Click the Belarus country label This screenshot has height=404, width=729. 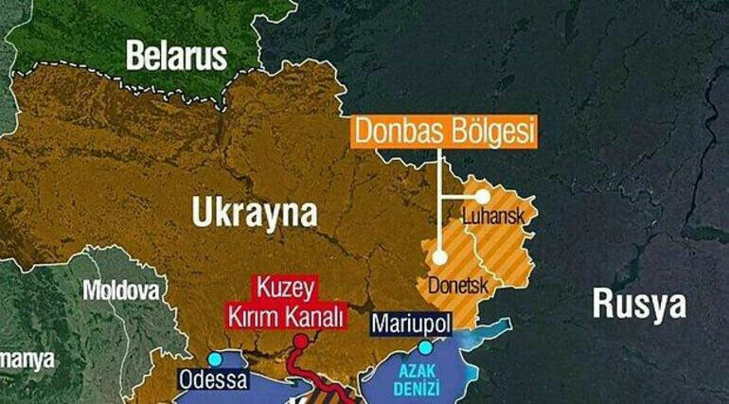(x=177, y=56)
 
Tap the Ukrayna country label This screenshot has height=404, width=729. (x=255, y=213)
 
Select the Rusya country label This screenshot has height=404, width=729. (x=638, y=304)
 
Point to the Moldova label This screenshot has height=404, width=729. (x=120, y=290)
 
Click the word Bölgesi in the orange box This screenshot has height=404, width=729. (x=490, y=131)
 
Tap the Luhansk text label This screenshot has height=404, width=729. (x=492, y=217)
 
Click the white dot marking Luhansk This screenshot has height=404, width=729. (x=482, y=196)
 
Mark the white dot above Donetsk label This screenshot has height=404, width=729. (x=439, y=256)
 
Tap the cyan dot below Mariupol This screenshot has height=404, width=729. (x=411, y=347)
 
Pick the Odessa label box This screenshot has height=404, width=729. (x=213, y=380)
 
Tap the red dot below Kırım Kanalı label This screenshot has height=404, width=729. (x=300, y=340)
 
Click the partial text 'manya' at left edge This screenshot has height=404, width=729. (x=27, y=360)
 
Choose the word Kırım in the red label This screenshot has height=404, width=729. (x=252, y=313)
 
